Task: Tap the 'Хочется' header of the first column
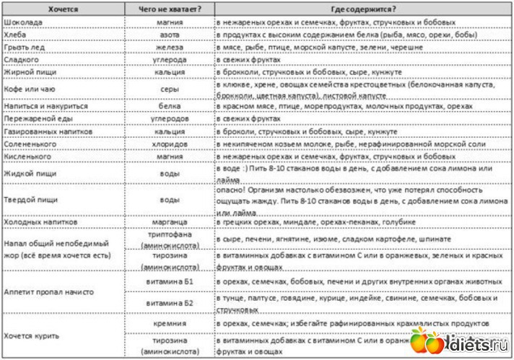tap(64, 9)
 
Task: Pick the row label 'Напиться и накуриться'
tap(45, 105)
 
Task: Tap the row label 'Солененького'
tap(32, 144)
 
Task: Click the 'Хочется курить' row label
tap(34, 335)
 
